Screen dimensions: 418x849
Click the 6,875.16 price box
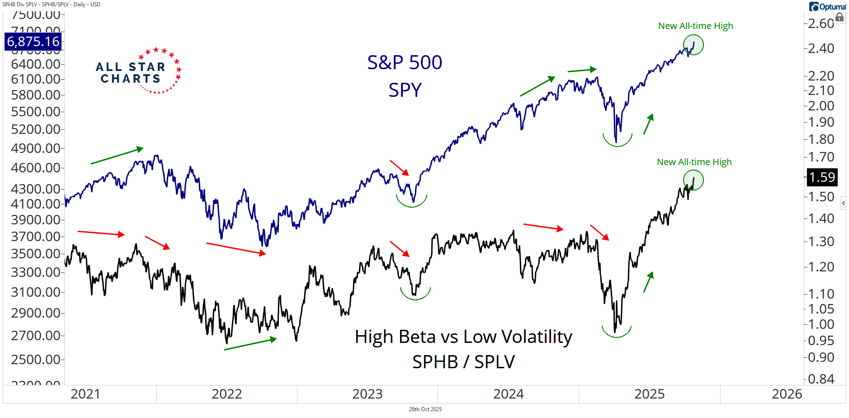[x=33, y=42]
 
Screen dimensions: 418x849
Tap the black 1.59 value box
[x=822, y=177]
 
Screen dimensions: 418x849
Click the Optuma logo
[x=827, y=7]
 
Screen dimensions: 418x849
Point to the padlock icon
[x=840, y=18]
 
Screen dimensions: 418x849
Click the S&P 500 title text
[x=404, y=62]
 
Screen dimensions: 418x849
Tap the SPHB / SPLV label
[x=463, y=362]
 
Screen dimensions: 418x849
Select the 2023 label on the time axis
[x=367, y=394]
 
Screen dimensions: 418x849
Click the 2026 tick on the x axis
[x=787, y=394]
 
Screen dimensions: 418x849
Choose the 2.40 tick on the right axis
[x=821, y=48]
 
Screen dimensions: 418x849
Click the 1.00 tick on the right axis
[x=821, y=324]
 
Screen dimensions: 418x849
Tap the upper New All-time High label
[x=695, y=26]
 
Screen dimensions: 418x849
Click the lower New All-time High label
[x=694, y=162]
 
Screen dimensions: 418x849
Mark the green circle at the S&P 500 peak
[x=693, y=45]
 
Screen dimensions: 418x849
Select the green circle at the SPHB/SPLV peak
[x=693, y=180]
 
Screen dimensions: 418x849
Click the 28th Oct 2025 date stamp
[x=425, y=409]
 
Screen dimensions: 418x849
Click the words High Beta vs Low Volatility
[x=463, y=337]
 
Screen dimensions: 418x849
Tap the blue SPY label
[x=405, y=90]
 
